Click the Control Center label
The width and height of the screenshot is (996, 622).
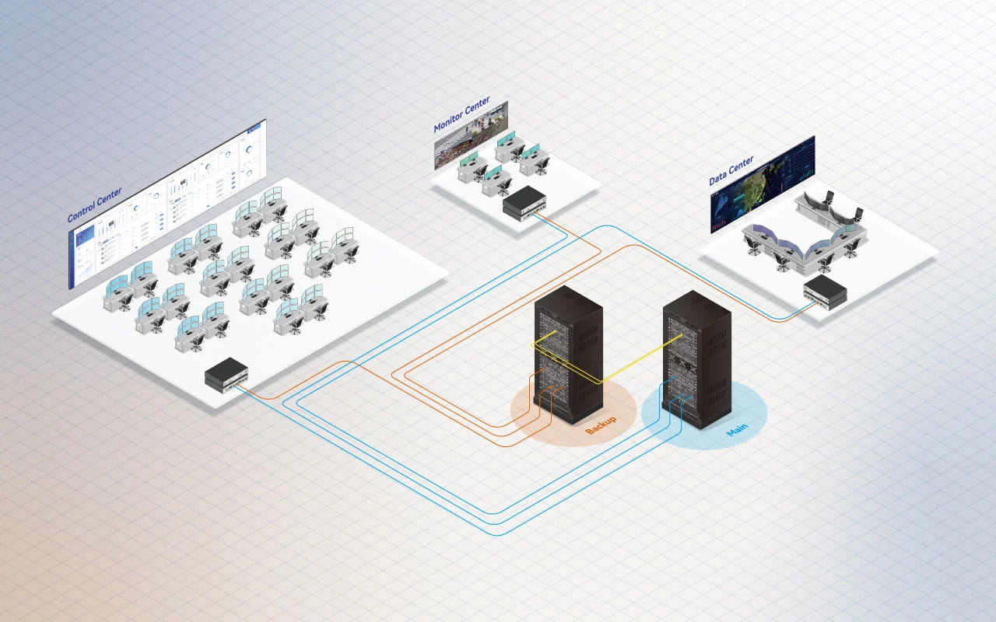coord(94,204)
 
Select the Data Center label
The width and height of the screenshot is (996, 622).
coord(731,170)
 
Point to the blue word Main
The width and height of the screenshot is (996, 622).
coord(737,430)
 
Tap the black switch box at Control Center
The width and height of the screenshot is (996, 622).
coord(226,376)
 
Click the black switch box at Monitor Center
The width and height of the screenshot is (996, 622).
coord(524,202)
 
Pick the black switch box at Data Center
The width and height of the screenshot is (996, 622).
coord(825,292)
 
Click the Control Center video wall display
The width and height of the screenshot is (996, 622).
coord(167,202)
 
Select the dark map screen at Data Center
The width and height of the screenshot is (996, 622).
coord(763,183)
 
